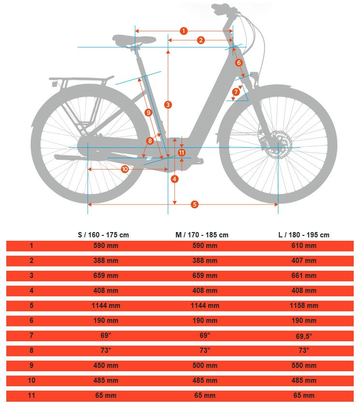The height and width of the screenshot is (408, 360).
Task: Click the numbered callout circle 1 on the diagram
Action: tap(183, 31)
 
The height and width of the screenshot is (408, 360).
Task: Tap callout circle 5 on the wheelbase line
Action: tap(195, 204)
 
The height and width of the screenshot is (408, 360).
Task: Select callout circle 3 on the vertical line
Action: tap(168, 104)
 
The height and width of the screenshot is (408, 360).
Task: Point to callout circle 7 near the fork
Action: tap(236, 91)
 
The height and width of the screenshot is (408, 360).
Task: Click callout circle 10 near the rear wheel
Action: tap(125, 169)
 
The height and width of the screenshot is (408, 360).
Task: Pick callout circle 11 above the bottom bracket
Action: tap(182, 152)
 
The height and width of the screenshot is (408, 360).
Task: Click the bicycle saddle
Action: tap(134, 40)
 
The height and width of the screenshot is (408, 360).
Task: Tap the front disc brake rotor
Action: tap(279, 144)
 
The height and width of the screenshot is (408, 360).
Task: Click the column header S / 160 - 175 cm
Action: tap(103, 235)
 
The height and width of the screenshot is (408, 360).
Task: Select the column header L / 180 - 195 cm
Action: tap(304, 235)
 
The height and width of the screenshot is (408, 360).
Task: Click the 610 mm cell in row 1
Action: tap(304, 246)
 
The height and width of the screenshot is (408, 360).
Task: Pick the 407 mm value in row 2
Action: tap(304, 261)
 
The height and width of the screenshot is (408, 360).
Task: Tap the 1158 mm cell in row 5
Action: tap(304, 306)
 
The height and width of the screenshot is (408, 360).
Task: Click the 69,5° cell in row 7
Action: tap(304, 336)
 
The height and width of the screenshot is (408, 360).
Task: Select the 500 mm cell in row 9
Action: tap(205, 365)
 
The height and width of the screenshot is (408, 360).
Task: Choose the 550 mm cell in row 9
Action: tap(304, 365)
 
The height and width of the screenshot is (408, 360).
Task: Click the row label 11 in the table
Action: tap(31, 395)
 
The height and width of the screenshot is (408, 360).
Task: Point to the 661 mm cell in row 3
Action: tap(304, 276)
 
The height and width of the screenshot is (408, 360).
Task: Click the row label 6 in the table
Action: tap(31, 321)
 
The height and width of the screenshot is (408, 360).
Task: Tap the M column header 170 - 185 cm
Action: tap(202, 235)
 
